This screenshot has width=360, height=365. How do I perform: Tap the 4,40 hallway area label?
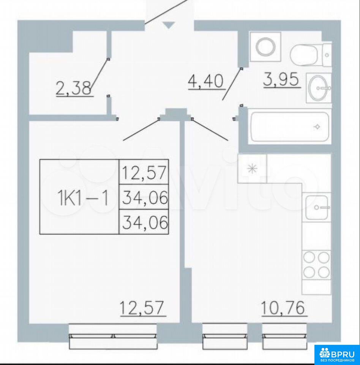point(206,81)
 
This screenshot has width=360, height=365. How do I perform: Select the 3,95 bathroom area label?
point(281,79)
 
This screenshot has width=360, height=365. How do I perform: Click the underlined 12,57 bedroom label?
point(142,308)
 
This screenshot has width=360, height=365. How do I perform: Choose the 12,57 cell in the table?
point(144,172)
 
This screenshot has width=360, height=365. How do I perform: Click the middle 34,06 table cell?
point(144,197)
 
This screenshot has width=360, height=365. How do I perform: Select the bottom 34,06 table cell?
point(144,222)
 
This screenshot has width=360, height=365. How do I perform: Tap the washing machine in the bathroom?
point(265,47)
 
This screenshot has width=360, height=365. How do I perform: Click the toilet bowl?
point(311,55)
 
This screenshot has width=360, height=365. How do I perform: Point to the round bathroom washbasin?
point(318,88)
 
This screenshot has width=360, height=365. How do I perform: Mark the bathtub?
point(289,127)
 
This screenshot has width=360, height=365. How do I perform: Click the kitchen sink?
point(316,208)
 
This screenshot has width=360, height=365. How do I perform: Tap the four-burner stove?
point(316,265)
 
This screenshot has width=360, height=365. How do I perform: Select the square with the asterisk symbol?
point(252,168)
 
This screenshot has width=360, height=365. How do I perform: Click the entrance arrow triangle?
point(169,25)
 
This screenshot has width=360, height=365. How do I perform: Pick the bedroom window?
point(113,336)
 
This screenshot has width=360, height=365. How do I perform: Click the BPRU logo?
point(337,355)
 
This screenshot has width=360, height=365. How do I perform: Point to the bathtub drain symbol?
point(317,127)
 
